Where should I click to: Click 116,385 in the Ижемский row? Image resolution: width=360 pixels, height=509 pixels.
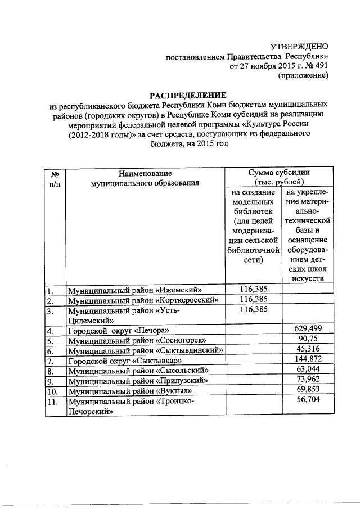point(254,289)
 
